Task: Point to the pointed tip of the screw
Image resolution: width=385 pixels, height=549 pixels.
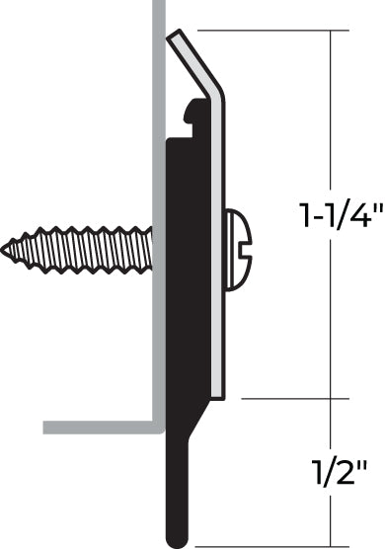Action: [6, 250]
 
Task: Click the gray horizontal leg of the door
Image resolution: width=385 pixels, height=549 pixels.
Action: [99, 428]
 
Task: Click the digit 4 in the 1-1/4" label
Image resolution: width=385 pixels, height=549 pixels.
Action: [359, 215]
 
